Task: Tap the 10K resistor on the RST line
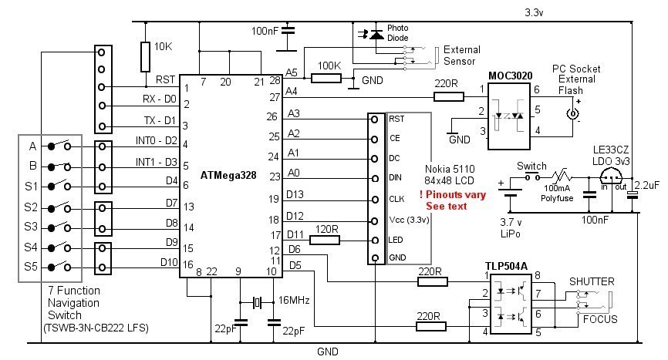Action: (x=145, y=56)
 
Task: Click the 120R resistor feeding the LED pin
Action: (x=325, y=239)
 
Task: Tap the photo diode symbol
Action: (x=376, y=34)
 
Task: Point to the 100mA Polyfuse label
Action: (x=560, y=193)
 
